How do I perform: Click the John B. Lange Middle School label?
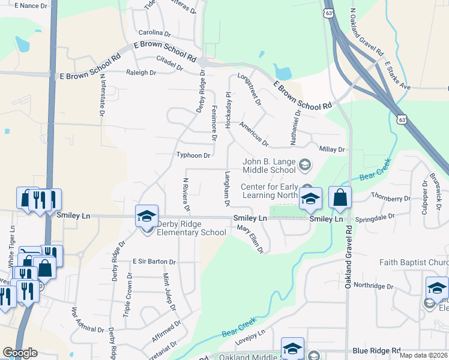pyautogui.click(x=270, y=166)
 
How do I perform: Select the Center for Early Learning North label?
pyautogui.click(x=270, y=191)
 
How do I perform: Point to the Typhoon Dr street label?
pyautogui.click(x=193, y=155)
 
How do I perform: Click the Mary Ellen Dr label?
pyautogui.click(x=250, y=238)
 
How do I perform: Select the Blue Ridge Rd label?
pyautogui.click(x=376, y=350)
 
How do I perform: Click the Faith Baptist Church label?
pyautogui.click(x=414, y=262)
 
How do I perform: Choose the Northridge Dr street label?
pyautogui.click(x=373, y=285)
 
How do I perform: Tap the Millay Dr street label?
pyautogui.click(x=333, y=149)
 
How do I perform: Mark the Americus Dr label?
pyautogui.click(x=253, y=133)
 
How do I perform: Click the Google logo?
pyautogui.click(x=20, y=353)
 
